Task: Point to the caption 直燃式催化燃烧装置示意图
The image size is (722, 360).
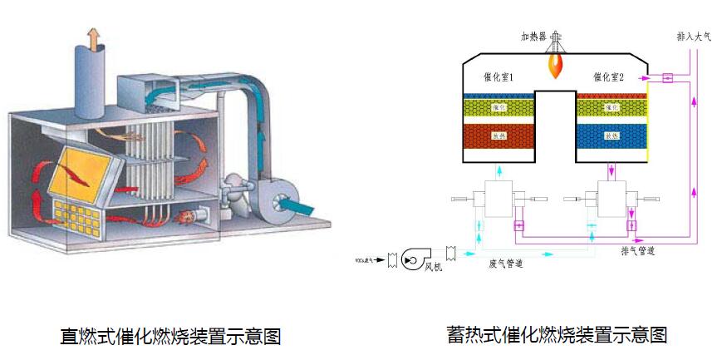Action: tap(171, 337)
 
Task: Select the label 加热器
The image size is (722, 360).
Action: tap(533, 37)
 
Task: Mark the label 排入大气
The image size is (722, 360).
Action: tap(695, 37)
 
